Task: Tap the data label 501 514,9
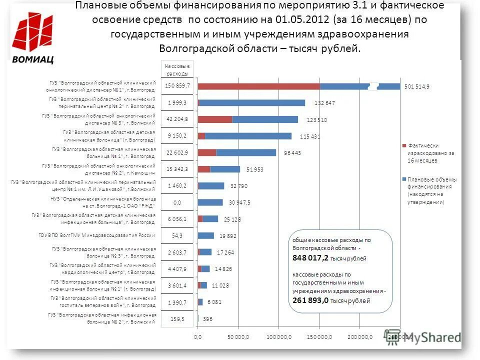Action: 416,86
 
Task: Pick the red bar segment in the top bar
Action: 258,86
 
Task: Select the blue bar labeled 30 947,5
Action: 210,202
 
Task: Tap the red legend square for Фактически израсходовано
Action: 403,145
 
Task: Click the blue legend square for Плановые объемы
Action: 403,178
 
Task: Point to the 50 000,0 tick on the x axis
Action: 237,337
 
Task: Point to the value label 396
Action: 207,318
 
